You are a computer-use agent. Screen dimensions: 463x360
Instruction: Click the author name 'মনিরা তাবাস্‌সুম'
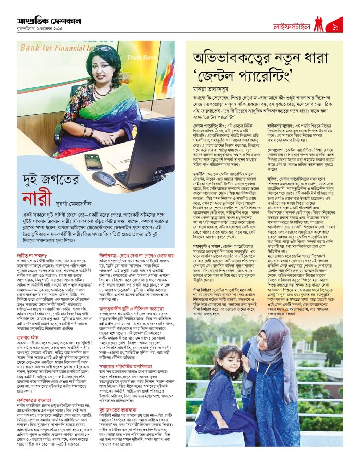click(214, 88)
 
